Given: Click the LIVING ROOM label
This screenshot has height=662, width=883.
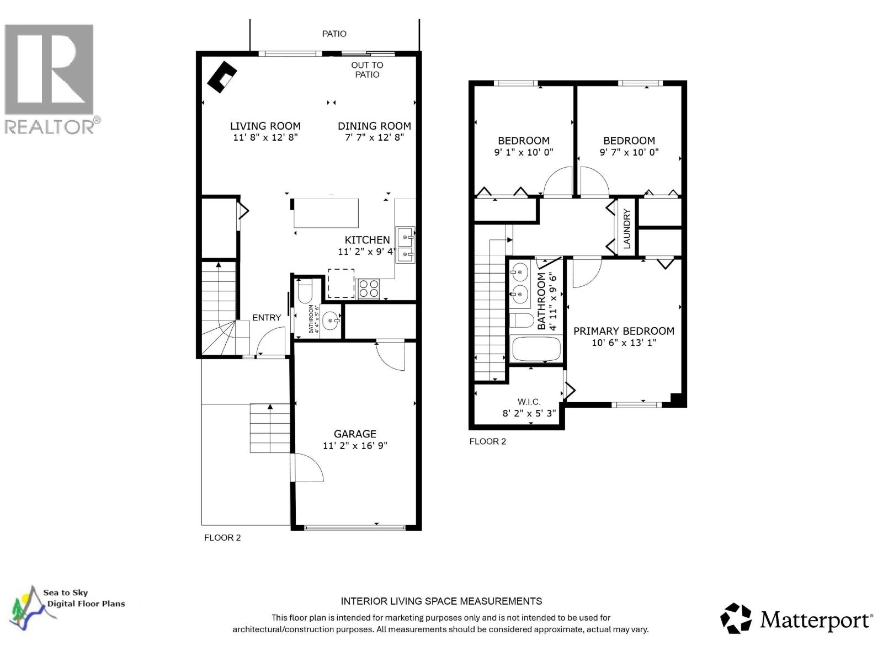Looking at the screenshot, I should (x=265, y=126).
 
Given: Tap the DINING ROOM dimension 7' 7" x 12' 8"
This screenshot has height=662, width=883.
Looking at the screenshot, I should (x=374, y=137).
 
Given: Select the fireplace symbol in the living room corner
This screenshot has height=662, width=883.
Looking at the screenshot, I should (x=222, y=76).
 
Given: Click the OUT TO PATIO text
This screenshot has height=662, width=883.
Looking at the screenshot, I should (x=367, y=70).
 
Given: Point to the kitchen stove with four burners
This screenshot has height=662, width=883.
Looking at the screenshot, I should (x=369, y=289).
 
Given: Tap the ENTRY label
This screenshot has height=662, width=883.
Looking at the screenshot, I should (x=267, y=318).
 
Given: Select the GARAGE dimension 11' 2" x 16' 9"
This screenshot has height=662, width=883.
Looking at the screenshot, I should (x=355, y=446).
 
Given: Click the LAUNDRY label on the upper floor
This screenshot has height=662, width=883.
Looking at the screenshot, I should (x=626, y=229).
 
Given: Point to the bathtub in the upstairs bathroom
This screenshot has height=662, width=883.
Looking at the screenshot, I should (x=536, y=349).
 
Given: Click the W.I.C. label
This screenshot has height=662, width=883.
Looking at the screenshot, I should (x=529, y=402).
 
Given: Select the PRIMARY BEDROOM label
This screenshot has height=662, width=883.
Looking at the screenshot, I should (x=624, y=331).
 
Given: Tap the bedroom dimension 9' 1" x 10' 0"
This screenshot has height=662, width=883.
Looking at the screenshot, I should (x=523, y=152).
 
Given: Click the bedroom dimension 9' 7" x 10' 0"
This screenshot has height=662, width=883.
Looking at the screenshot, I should (x=629, y=152).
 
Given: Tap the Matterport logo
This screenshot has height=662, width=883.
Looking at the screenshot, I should (x=796, y=619).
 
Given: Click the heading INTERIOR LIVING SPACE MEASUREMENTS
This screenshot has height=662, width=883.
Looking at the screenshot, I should (x=441, y=601).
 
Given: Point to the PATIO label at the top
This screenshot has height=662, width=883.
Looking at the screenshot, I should (x=334, y=34).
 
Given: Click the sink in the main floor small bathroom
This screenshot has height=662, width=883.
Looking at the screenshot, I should (x=331, y=320).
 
